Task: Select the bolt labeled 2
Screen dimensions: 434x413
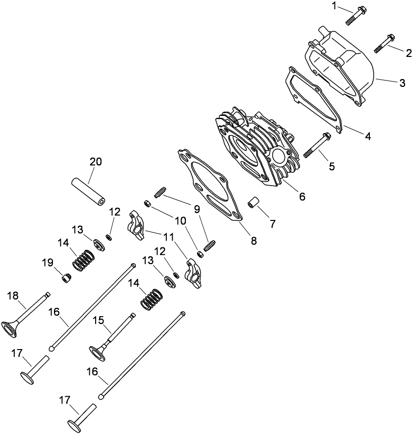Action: point(385,43)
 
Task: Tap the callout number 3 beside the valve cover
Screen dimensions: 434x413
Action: point(402,82)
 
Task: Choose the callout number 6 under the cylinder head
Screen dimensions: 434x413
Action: point(302,196)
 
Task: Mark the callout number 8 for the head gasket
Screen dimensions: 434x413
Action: point(254,241)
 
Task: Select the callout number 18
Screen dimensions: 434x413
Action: point(13,295)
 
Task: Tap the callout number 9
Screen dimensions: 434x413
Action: point(197,209)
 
